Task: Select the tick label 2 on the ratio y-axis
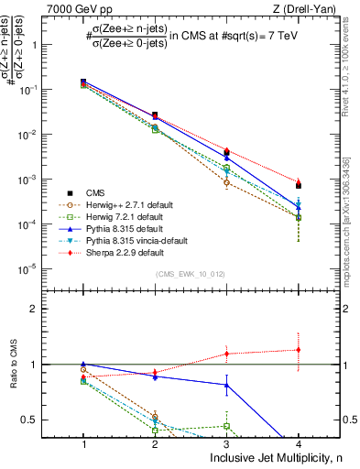tap(40, 309)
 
